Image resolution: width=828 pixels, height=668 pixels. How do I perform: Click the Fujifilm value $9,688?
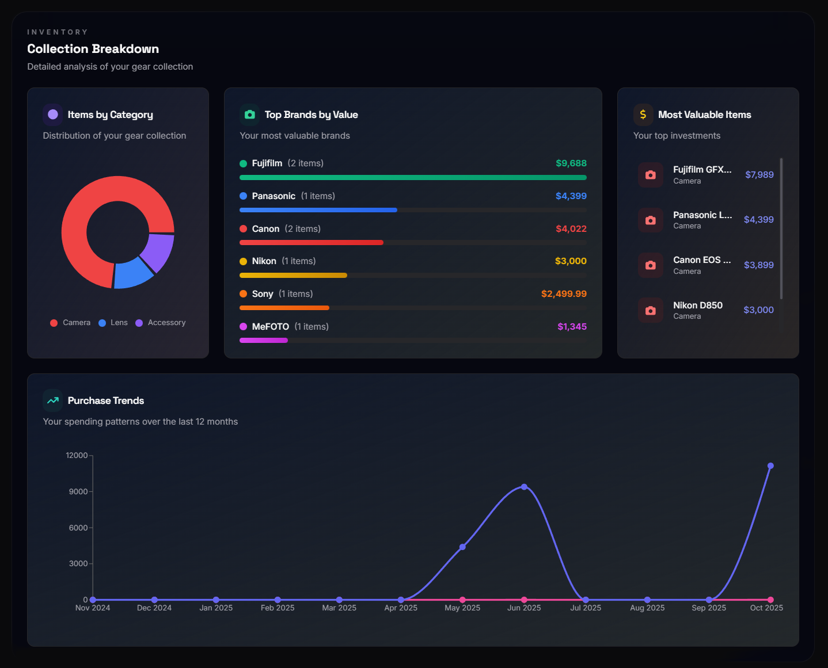(571, 163)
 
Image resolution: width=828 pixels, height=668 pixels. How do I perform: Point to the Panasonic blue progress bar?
(318, 210)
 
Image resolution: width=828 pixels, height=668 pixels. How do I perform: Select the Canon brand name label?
(265, 229)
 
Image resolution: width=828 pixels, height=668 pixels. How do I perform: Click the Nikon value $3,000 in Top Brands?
(570, 261)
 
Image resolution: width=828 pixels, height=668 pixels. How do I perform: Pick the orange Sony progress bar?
(284, 308)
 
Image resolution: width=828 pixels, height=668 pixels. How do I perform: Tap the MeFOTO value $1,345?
(572, 327)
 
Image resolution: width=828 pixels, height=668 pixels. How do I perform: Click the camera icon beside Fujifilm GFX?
(650, 175)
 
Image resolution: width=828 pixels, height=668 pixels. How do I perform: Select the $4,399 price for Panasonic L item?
(758, 220)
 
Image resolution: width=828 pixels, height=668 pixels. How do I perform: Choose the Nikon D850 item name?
(697, 306)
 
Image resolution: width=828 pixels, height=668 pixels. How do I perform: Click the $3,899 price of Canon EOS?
(758, 265)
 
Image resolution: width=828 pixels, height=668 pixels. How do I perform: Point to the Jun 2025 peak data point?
(524, 487)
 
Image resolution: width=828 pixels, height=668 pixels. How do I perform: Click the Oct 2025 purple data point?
(770, 466)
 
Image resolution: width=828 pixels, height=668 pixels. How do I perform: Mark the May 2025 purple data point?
(462, 547)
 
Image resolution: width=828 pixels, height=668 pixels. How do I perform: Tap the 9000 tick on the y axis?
(78, 492)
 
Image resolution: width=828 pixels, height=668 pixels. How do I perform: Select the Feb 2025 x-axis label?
(277, 608)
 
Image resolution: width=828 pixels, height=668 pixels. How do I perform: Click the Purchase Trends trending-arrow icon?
(53, 400)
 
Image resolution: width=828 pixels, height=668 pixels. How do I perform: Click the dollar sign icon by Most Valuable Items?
(643, 114)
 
